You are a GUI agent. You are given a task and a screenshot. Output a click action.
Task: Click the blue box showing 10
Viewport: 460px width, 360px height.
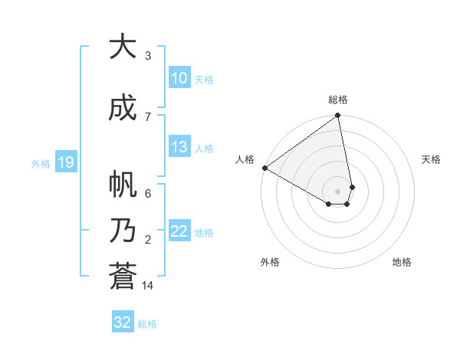[179, 78]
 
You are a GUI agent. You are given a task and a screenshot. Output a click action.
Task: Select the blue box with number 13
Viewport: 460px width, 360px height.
[179, 147]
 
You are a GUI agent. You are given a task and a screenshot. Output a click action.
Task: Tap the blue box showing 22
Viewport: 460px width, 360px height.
[179, 232]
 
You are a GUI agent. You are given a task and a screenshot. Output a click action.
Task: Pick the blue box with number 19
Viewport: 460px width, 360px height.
[65, 162]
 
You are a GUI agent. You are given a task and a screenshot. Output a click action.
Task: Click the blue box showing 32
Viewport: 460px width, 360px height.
[123, 322]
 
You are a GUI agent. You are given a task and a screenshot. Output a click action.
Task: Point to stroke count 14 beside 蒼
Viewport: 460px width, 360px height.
[148, 286]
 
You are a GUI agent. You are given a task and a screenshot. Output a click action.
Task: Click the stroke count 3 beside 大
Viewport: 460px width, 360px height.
[147, 56]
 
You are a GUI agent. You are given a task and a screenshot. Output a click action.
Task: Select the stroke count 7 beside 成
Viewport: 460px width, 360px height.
[147, 116]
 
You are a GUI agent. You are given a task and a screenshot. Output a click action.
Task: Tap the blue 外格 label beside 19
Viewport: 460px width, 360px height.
[41, 163]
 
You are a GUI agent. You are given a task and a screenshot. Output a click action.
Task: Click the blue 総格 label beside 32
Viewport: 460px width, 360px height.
[147, 324]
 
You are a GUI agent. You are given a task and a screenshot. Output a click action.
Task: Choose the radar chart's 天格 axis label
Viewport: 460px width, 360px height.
[431, 159]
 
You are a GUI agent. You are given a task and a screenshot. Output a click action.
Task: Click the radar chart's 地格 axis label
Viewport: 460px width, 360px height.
[402, 262]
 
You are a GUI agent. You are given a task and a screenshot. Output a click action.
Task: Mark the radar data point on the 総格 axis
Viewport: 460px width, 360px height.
[337, 116]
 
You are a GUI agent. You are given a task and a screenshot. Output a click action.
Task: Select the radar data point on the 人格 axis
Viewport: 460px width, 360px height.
[264, 168]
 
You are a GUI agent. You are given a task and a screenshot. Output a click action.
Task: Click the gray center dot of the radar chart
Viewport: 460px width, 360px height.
[337, 191]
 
